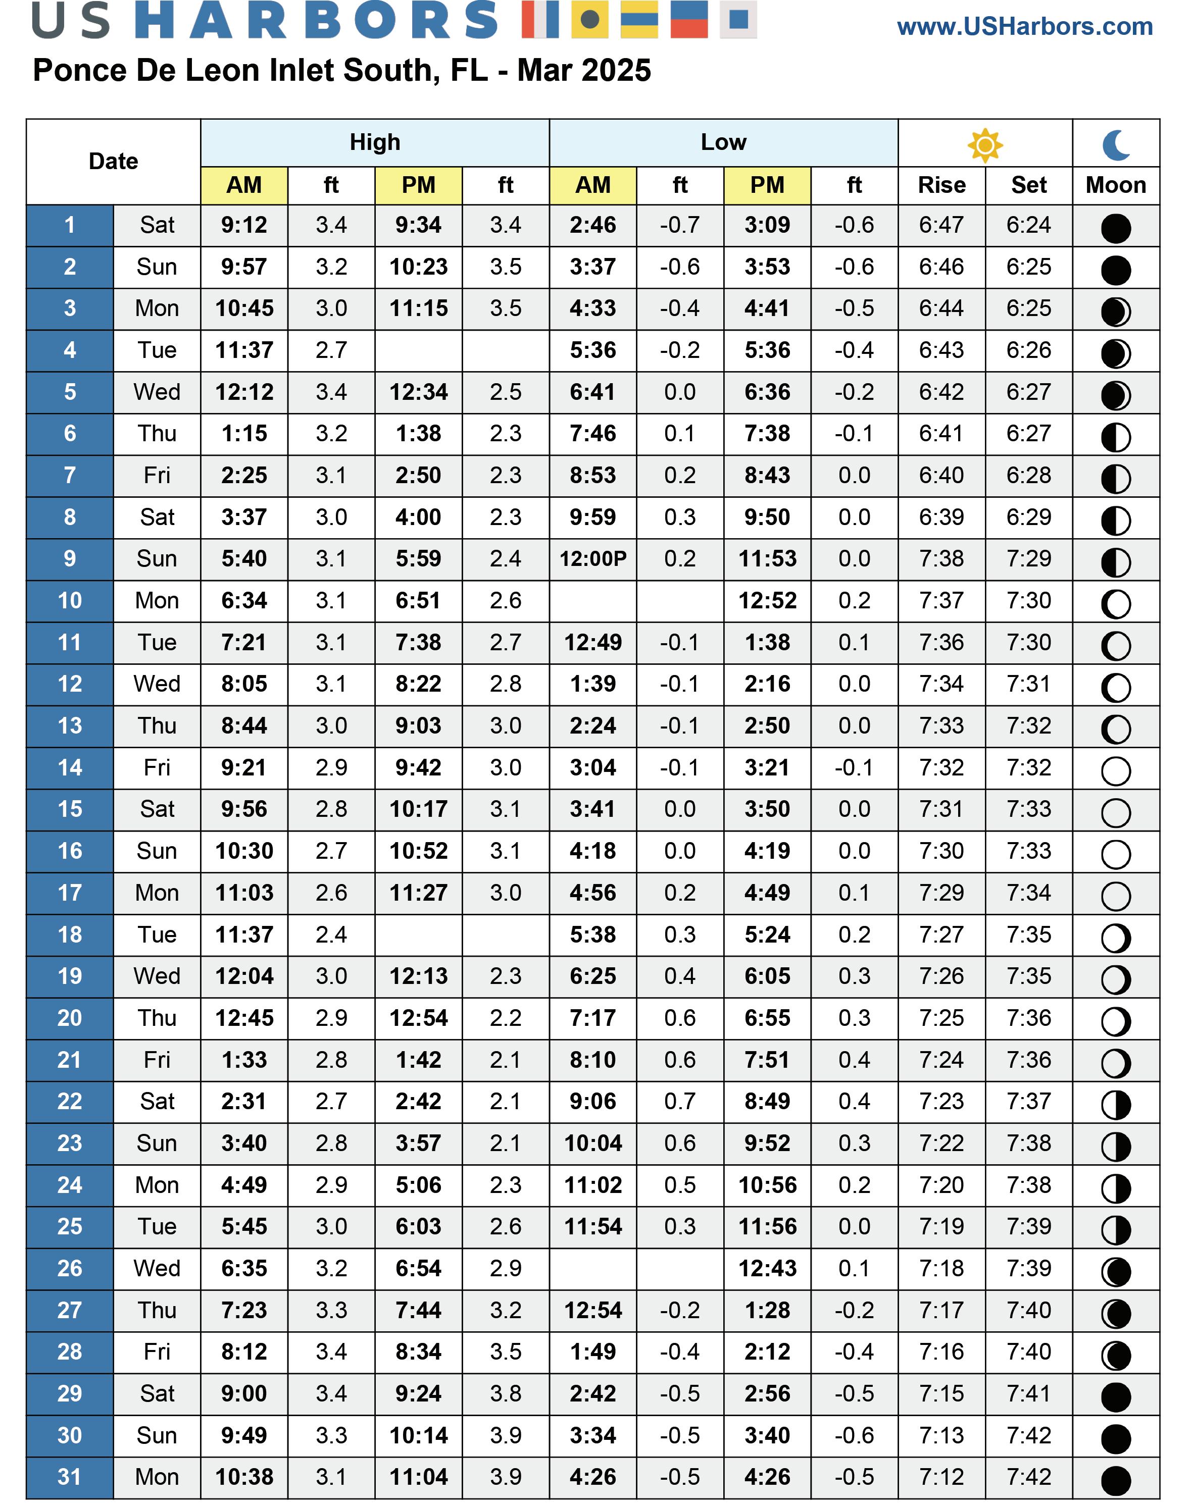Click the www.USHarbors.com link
click(x=1024, y=27)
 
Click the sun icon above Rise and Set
click(x=985, y=145)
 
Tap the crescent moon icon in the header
click(x=1116, y=145)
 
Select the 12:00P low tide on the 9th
click(x=592, y=559)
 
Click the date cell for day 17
click(x=70, y=893)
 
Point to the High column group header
click(x=375, y=142)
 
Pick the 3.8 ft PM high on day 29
click(x=505, y=1394)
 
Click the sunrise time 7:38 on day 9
click(x=941, y=559)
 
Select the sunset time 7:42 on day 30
click(x=1029, y=1436)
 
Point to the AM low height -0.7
click(x=680, y=225)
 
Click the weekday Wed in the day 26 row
click(x=157, y=1268)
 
